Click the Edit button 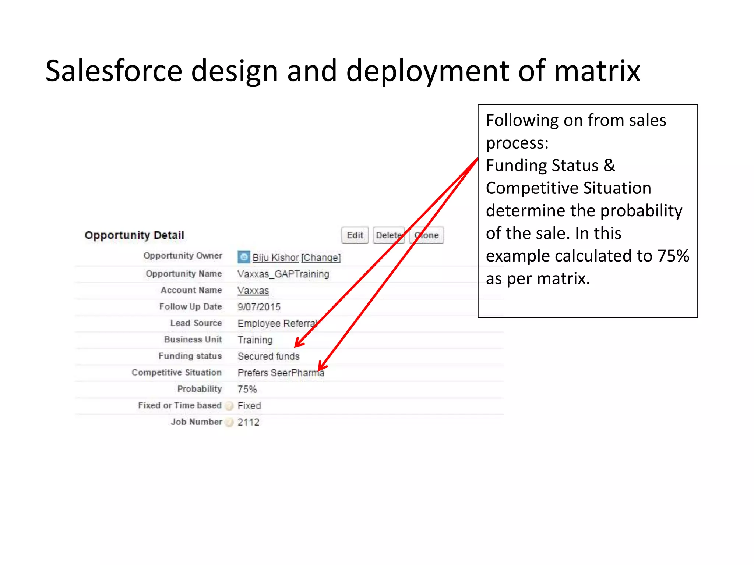tap(355, 235)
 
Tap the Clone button tap(427, 235)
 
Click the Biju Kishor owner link tap(275, 257)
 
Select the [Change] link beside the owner tap(321, 257)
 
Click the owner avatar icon tap(244, 257)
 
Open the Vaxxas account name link tap(253, 291)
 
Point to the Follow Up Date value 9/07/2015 tap(259, 307)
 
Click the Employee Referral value tap(277, 323)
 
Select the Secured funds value tap(269, 356)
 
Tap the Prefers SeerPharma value tap(281, 373)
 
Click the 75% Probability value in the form tap(247, 389)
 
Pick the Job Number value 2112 tap(249, 422)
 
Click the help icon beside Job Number tap(229, 423)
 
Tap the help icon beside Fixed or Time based tap(229, 406)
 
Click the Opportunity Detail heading tap(134, 235)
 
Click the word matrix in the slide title tap(597, 71)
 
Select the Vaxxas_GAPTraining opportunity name tap(283, 274)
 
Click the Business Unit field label tap(193, 340)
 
